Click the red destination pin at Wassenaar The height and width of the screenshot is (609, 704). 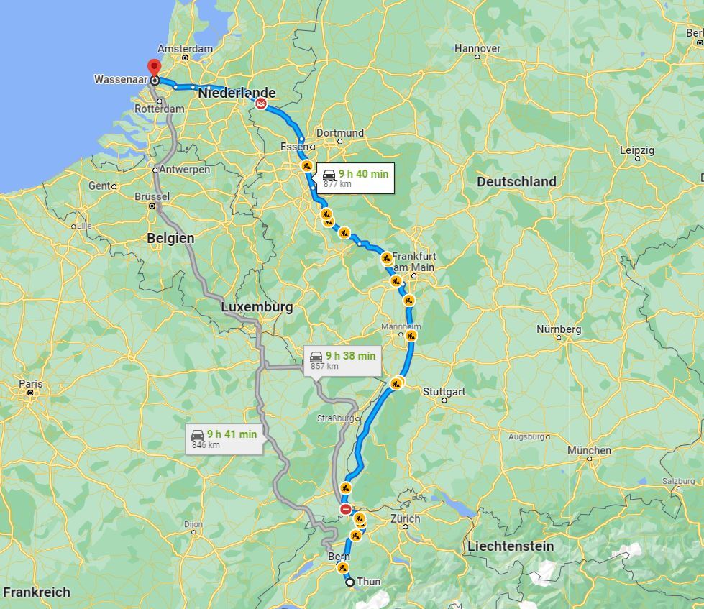coord(154,68)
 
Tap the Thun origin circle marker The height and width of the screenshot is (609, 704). coord(350,582)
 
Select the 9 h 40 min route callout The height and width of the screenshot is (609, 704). coord(355,178)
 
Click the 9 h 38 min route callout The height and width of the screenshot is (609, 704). coord(342,360)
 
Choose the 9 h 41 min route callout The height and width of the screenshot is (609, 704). coord(224,438)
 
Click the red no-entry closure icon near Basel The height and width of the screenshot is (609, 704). coord(346,510)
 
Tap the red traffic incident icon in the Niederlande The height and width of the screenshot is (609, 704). coord(261,104)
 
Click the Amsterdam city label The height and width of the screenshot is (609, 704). coord(185,49)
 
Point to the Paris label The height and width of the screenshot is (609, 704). coord(30,384)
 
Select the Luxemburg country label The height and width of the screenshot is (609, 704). coord(257,307)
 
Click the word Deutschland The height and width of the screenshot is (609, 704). coord(516,182)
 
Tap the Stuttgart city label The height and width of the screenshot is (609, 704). coord(444,392)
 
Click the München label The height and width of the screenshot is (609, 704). coord(589,450)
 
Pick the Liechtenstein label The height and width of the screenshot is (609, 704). coord(511,546)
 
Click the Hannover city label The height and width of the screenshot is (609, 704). coord(477,48)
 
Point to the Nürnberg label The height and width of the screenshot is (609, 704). coord(559,329)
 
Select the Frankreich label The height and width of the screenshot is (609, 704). coord(36,592)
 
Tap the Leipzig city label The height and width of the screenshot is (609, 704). coord(637,150)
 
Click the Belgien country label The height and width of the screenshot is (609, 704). coord(170,238)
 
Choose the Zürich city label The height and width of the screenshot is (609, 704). coord(405,518)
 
